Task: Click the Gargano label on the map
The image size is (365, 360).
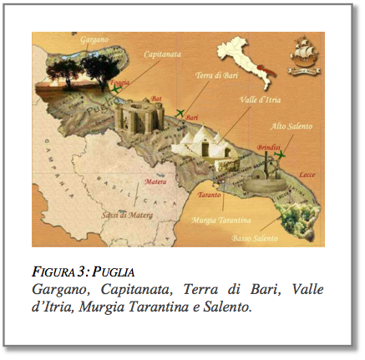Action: coord(93,40)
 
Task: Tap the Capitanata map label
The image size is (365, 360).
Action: coord(161,53)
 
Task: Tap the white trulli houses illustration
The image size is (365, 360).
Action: coord(200,148)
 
